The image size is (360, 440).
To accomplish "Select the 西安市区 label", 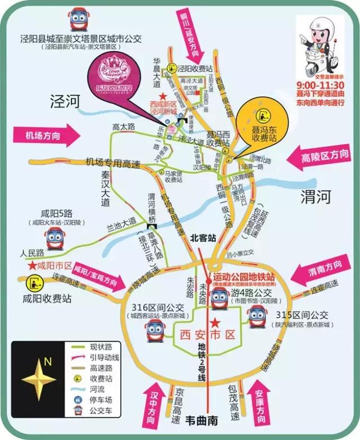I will click(206, 335).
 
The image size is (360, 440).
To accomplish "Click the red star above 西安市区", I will click(214, 323).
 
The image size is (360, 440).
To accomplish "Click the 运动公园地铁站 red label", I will click(243, 277).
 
